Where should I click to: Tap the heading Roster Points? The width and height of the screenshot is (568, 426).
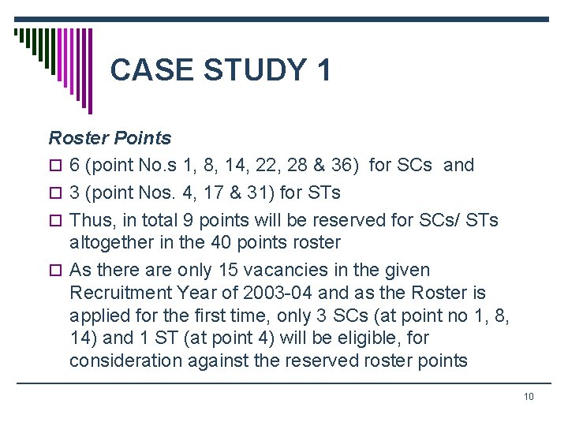110,138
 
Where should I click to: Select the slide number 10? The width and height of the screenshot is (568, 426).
529,396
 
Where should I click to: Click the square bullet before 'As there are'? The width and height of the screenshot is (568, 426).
54,271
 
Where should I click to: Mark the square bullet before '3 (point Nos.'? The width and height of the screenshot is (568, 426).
54,193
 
